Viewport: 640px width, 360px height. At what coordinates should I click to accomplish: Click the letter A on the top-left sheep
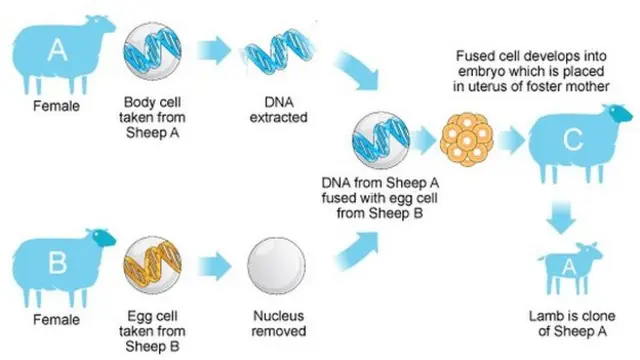[x=58, y=50]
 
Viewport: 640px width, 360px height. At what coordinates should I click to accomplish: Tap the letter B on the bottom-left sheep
[x=58, y=263]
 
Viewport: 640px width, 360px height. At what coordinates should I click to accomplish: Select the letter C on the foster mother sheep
[x=573, y=139]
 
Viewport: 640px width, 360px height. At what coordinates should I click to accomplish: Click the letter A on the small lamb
[x=569, y=267]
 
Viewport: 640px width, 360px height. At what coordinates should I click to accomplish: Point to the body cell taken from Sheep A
[x=153, y=51]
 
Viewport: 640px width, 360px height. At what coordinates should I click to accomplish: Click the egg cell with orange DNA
[x=153, y=265]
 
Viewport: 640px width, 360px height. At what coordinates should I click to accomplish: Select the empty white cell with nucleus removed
[x=276, y=266]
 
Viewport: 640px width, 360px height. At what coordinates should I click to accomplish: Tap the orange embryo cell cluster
[x=467, y=139]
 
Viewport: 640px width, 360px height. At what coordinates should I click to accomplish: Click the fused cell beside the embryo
[x=381, y=140]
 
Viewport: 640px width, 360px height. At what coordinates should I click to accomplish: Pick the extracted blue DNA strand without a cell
[x=279, y=51]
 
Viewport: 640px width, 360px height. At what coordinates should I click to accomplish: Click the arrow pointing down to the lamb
[x=561, y=217]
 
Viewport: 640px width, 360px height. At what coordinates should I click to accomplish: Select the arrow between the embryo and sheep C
[x=511, y=140]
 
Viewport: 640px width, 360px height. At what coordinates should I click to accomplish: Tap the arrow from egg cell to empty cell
[x=214, y=266]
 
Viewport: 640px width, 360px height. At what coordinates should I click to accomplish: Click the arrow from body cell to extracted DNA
[x=214, y=51]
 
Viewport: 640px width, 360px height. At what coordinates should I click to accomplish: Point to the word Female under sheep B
[x=56, y=319]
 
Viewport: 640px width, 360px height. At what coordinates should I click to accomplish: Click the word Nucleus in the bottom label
[x=278, y=316]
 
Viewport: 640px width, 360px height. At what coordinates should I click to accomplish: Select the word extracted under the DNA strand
[x=278, y=118]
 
